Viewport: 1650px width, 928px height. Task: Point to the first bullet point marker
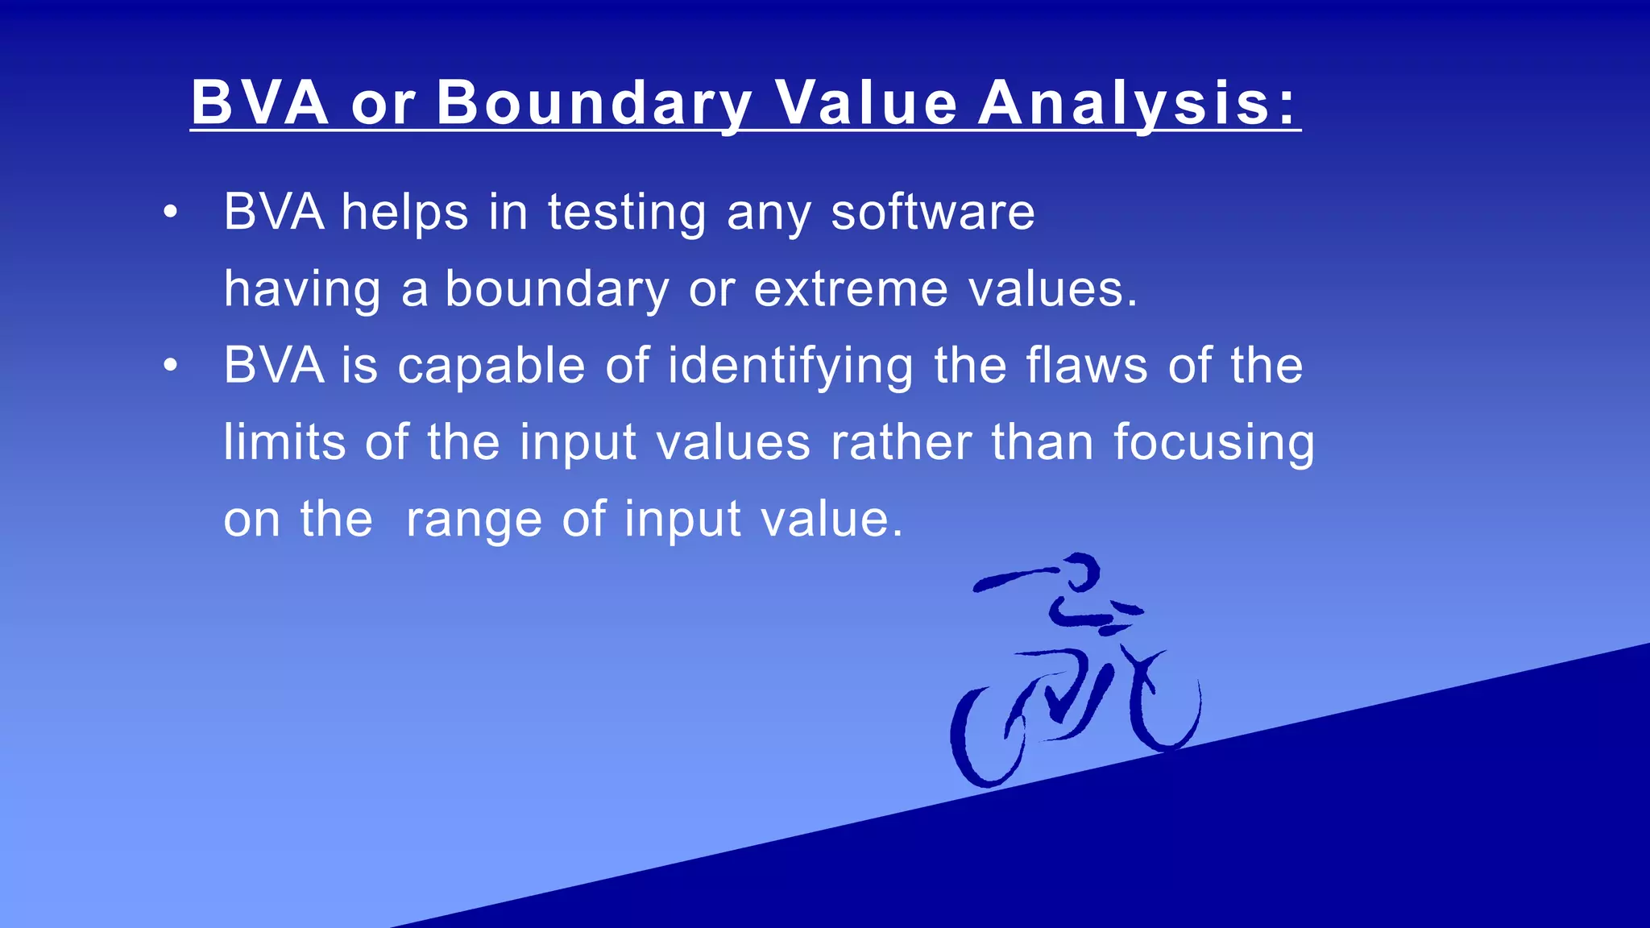tap(169, 213)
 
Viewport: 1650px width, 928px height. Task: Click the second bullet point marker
tap(169, 367)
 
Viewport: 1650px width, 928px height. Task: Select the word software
tap(932, 213)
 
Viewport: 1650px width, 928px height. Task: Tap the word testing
tap(627, 214)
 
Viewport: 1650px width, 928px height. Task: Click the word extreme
tap(850, 289)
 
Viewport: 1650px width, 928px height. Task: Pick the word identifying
tap(790, 367)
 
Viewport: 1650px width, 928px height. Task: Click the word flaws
tap(1087, 366)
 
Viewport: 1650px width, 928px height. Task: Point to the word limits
tap(284, 442)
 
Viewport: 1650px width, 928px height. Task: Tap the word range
tap(474, 520)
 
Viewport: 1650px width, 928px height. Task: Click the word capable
tap(491, 367)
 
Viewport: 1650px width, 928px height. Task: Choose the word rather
tap(901, 443)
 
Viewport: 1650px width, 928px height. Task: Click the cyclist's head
tap(1080, 572)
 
